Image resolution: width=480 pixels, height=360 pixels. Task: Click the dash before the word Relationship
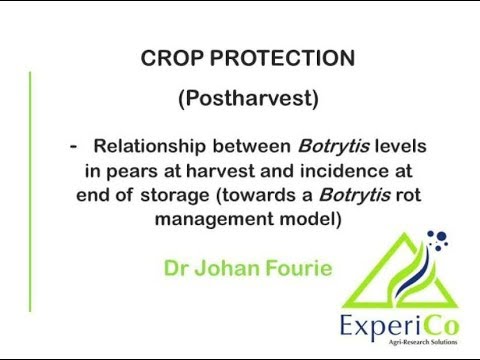point(74,146)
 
